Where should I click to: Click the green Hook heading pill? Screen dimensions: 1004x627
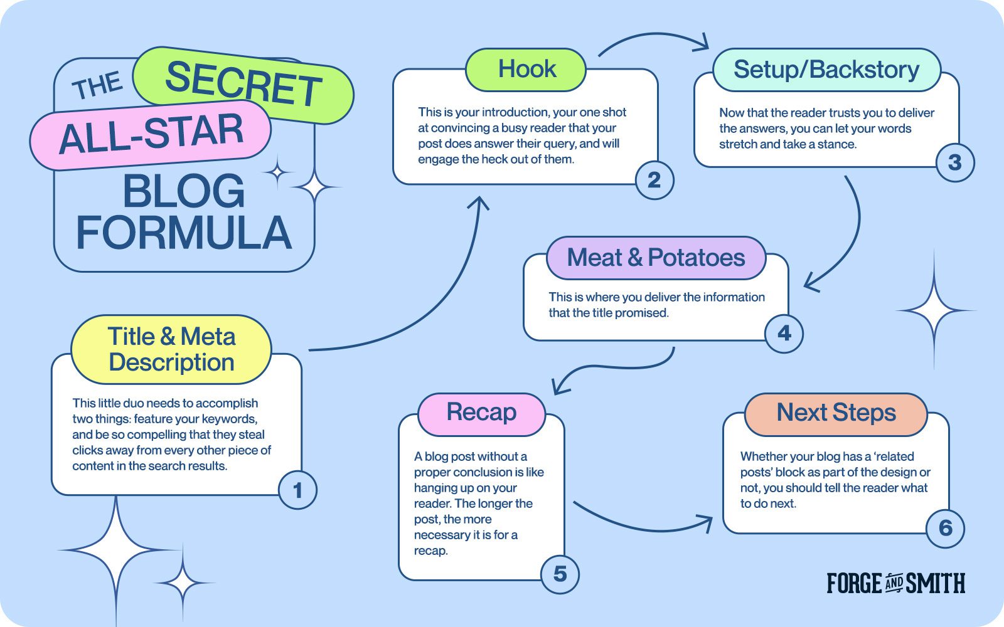point(526,70)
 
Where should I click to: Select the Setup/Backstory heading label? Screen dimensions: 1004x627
point(826,70)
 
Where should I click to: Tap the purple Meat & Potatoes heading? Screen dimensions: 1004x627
point(656,258)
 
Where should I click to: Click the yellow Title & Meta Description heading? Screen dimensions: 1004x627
point(171,349)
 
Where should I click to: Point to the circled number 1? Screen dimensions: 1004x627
point(297,490)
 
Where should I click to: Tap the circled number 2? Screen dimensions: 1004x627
point(654,180)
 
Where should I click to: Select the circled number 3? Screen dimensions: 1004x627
point(955,162)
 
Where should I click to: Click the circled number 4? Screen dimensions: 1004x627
point(784,333)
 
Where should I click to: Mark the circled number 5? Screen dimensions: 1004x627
point(560,574)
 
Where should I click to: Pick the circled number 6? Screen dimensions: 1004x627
point(945,528)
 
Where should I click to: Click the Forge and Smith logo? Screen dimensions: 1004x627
point(895,582)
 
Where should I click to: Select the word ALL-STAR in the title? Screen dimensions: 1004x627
point(151,133)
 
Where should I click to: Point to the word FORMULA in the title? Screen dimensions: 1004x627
point(184,233)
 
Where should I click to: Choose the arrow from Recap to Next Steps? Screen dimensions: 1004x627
point(641,529)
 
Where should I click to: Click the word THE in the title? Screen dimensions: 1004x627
point(97,85)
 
